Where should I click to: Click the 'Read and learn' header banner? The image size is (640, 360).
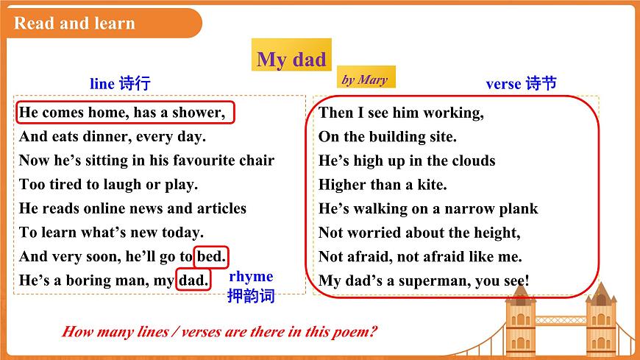[75, 23]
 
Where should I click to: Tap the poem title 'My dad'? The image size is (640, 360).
[291, 59]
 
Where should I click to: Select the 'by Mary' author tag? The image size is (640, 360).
[364, 80]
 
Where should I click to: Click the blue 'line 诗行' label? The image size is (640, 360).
[120, 83]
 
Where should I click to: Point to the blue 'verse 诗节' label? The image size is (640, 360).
[521, 83]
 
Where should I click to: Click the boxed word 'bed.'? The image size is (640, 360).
[212, 257]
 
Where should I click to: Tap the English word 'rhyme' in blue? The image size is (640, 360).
[251, 277]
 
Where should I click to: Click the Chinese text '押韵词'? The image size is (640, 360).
[251, 296]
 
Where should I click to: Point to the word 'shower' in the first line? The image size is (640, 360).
[199, 113]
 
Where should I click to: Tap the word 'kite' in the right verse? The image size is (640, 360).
[430, 185]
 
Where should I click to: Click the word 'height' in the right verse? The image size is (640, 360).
[496, 233]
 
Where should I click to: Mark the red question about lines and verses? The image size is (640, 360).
[219, 331]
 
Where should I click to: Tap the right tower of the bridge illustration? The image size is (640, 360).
[600, 317]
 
